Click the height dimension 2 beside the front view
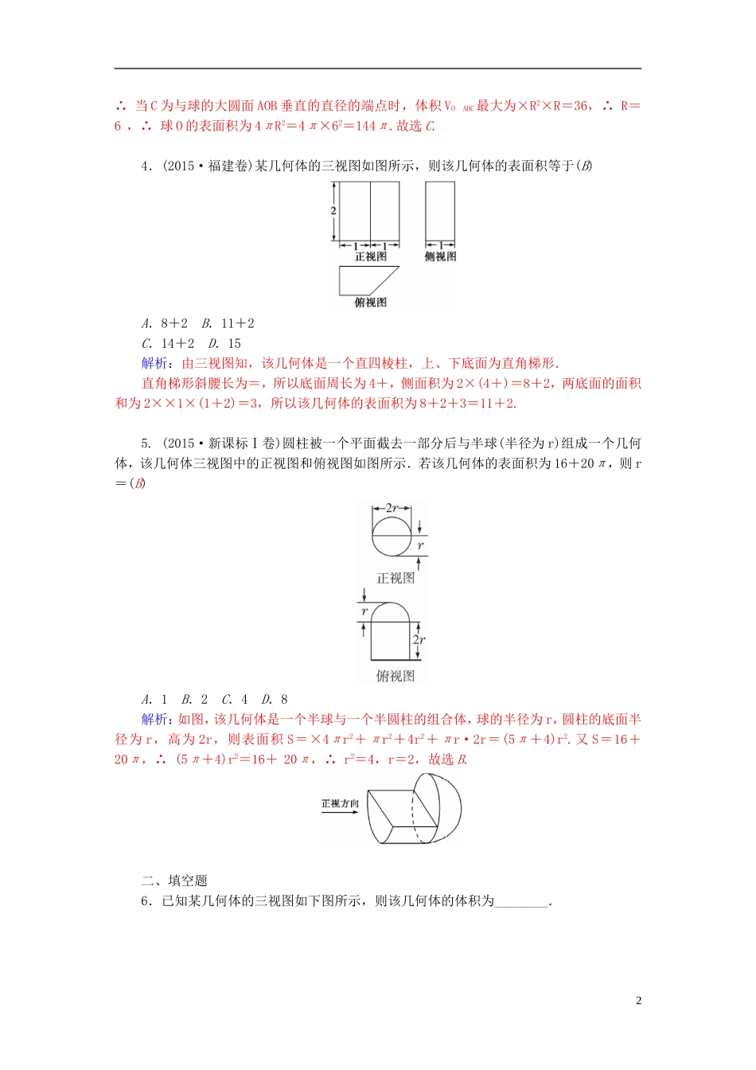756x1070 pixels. [333, 211]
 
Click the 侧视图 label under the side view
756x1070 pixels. [440, 256]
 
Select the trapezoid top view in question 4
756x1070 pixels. [367, 280]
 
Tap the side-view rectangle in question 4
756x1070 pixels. [440, 211]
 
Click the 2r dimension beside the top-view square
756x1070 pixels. [419, 639]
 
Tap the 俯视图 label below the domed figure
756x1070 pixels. [395, 676]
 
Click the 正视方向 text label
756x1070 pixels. [340, 803]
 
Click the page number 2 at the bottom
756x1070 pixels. [638, 1001]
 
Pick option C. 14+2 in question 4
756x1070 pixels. [168, 343]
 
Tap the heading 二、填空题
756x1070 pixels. [174, 881]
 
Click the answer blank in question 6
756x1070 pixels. [521, 901]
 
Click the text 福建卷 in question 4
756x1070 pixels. [226, 166]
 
